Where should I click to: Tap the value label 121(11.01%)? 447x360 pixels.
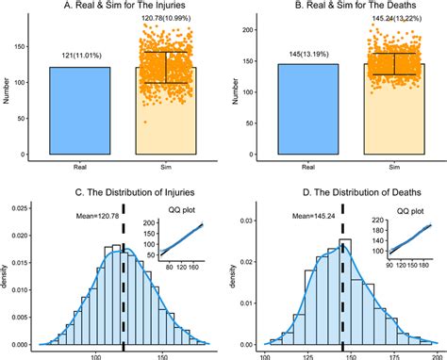(77, 57)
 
